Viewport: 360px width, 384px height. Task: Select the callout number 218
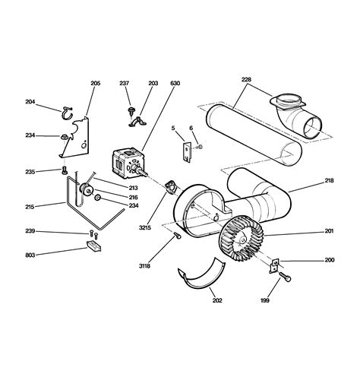click(329, 180)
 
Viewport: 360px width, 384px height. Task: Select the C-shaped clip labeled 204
click(67, 116)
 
